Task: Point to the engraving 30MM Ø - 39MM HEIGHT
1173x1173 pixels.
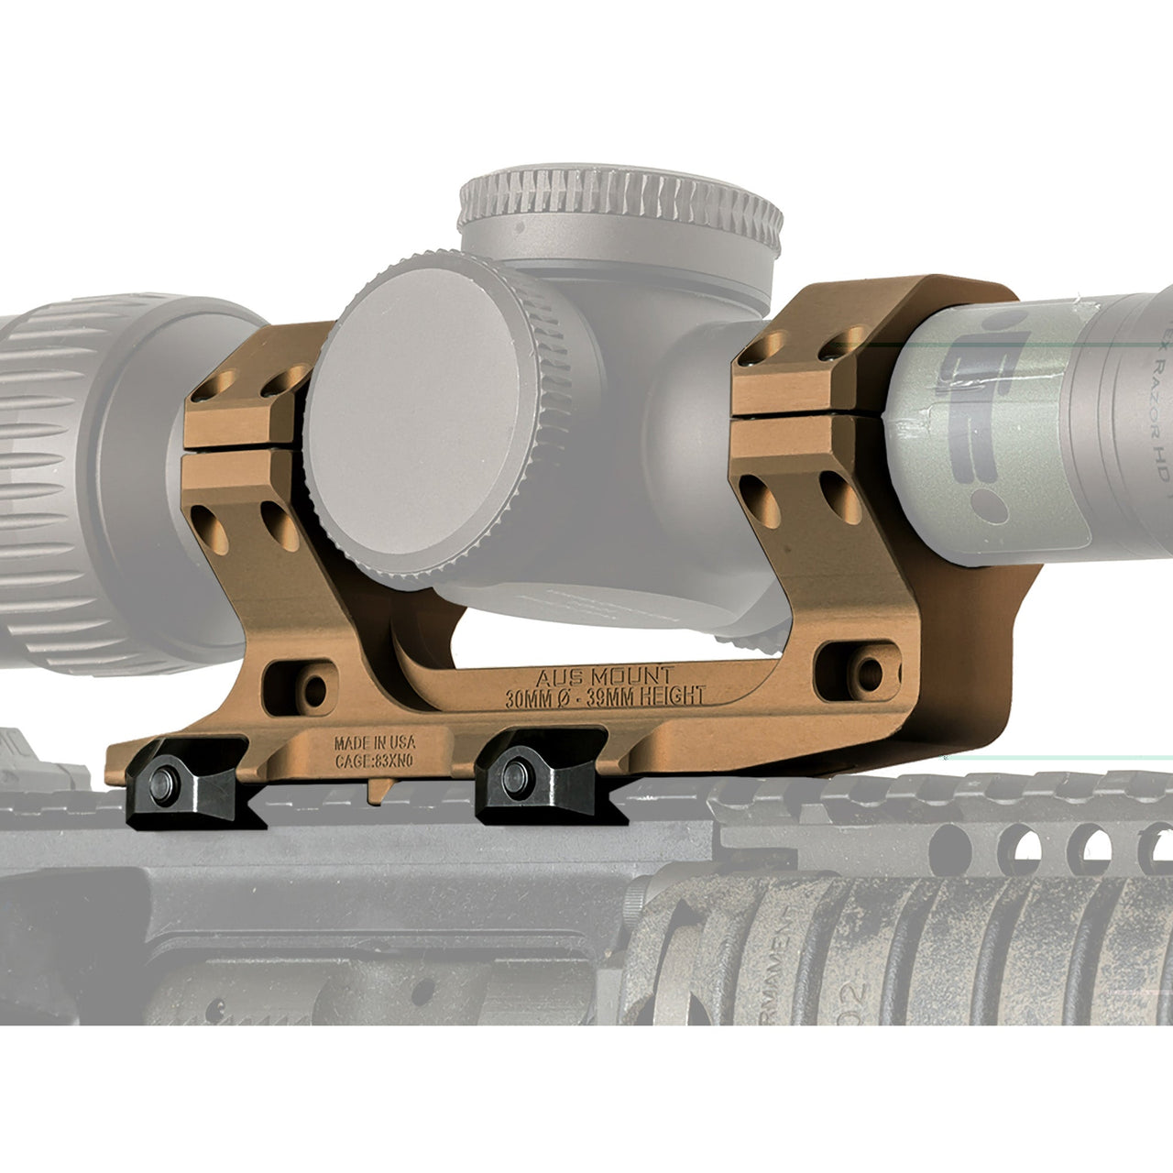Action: (605, 697)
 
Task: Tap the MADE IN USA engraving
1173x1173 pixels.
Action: (374, 742)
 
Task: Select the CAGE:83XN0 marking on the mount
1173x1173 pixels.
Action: (374, 759)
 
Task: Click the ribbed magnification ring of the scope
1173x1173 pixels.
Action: (55, 477)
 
